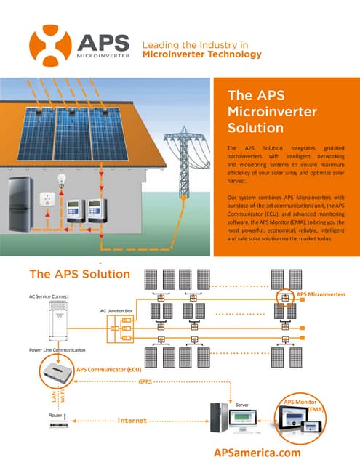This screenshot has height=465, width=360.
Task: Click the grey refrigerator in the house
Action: coord(20,199)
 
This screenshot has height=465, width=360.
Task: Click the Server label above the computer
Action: coord(243,402)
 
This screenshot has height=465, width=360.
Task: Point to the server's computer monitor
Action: coord(241,418)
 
